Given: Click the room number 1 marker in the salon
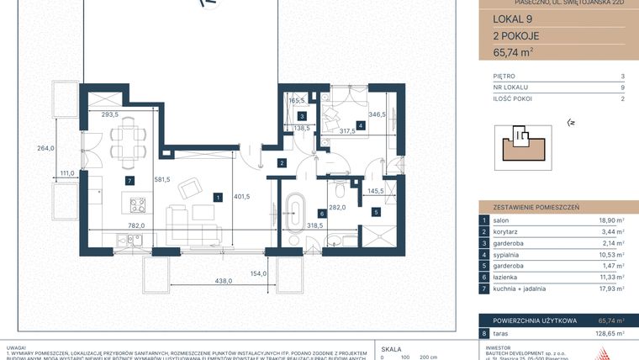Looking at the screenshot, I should point(218,198).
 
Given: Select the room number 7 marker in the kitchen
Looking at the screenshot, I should point(129,180).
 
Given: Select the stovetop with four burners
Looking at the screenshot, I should point(136,203).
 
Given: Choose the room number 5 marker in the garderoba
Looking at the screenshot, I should point(376,213).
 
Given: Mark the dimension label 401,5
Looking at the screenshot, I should point(242,198).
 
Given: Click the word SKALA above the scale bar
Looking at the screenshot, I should point(391,347).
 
